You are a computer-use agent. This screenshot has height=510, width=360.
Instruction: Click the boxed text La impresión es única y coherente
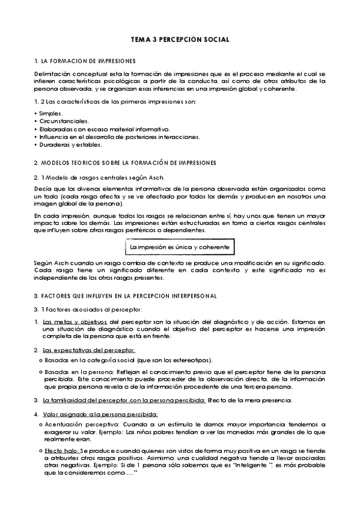point(180,247)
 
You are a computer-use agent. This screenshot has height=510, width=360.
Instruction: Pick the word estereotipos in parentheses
point(190,360)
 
